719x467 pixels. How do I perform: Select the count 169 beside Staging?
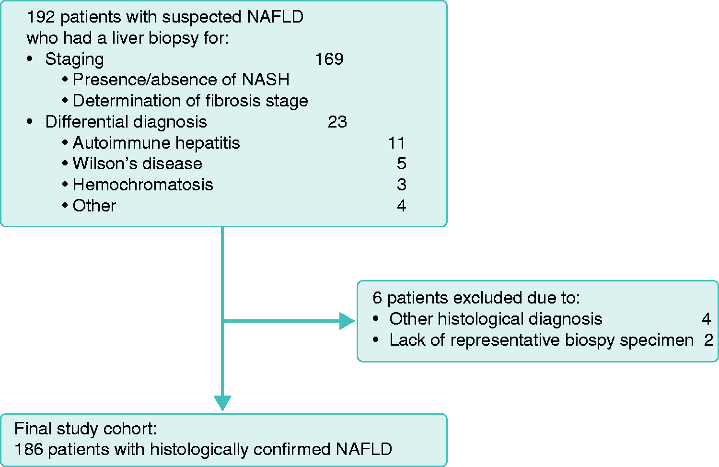329,59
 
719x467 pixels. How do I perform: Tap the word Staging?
74,60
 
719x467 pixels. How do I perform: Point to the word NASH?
266,80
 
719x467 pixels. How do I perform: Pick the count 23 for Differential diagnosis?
337,122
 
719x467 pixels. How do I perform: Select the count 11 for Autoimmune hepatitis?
396,143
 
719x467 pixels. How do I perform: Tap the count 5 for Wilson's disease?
402,163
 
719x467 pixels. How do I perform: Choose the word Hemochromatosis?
143,185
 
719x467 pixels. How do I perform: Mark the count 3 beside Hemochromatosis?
402,185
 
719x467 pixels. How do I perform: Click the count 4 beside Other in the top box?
402,205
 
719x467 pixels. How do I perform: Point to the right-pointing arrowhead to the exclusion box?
347,321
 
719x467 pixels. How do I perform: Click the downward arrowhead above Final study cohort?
222,403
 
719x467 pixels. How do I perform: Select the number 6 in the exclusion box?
377,298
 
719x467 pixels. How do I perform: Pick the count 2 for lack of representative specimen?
708,340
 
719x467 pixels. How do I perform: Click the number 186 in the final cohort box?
29,449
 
